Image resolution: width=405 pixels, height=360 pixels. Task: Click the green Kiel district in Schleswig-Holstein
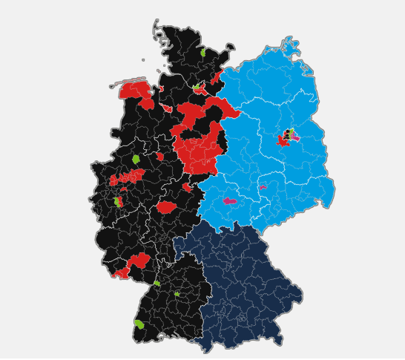coord(202,52)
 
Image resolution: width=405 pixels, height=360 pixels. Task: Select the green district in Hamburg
coord(196,87)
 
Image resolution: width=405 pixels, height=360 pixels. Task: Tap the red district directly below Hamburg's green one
coord(200,92)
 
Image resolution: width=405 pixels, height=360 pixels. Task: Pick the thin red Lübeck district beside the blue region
coord(216,77)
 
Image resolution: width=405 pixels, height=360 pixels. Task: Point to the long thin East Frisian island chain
coord(128,82)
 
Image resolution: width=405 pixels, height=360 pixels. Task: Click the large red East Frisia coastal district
coord(135,91)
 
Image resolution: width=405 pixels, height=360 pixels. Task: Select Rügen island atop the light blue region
coord(290,47)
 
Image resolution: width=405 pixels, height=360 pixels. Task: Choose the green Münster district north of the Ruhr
coord(136,159)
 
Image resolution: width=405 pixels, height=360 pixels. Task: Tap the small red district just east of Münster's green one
coord(159,157)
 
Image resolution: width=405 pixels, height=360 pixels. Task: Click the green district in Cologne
coord(118,201)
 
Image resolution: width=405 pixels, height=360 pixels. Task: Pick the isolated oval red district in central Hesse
coord(166,207)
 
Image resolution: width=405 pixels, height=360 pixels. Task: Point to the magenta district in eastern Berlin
coord(295,137)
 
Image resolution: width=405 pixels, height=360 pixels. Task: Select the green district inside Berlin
coord(292,131)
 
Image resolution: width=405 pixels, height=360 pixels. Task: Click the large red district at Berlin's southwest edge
coord(283,140)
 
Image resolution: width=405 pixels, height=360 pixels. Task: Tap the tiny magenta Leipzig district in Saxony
coord(263,188)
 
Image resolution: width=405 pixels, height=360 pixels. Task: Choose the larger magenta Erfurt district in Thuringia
coord(230,200)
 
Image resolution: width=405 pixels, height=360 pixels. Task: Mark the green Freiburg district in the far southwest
coord(139,324)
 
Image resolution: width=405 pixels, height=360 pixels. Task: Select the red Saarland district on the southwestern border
coord(121,273)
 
